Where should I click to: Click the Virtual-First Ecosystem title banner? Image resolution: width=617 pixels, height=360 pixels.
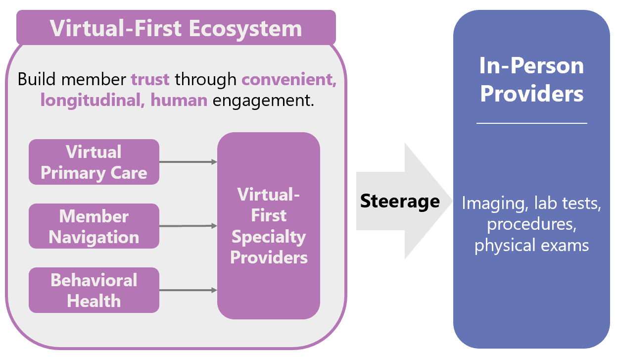click(176, 28)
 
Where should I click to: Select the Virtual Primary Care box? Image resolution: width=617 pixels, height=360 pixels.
click(94, 162)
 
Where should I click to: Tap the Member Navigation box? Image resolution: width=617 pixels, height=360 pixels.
click(94, 226)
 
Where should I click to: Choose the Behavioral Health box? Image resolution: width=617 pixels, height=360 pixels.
click(94, 290)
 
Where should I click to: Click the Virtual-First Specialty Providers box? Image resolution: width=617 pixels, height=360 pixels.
click(269, 226)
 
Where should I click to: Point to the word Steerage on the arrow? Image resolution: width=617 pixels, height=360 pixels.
click(399, 201)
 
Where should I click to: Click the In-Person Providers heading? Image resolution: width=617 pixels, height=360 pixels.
click(531, 79)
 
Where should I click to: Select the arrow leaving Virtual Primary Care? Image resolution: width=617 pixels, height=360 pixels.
click(188, 162)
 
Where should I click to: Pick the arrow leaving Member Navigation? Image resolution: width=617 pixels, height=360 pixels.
click(188, 226)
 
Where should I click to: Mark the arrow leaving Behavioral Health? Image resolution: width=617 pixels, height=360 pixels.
click(188, 290)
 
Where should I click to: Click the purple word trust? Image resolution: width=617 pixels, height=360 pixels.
click(150, 79)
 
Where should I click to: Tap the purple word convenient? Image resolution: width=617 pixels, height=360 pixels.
click(289, 79)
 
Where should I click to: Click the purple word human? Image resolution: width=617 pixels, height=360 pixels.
click(179, 101)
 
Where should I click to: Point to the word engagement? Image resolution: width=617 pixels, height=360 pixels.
click(263, 101)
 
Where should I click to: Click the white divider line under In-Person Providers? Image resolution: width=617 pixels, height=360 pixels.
click(531, 123)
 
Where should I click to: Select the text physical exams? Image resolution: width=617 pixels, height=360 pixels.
click(531, 245)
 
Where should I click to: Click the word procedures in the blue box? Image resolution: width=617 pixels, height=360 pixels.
click(530, 224)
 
